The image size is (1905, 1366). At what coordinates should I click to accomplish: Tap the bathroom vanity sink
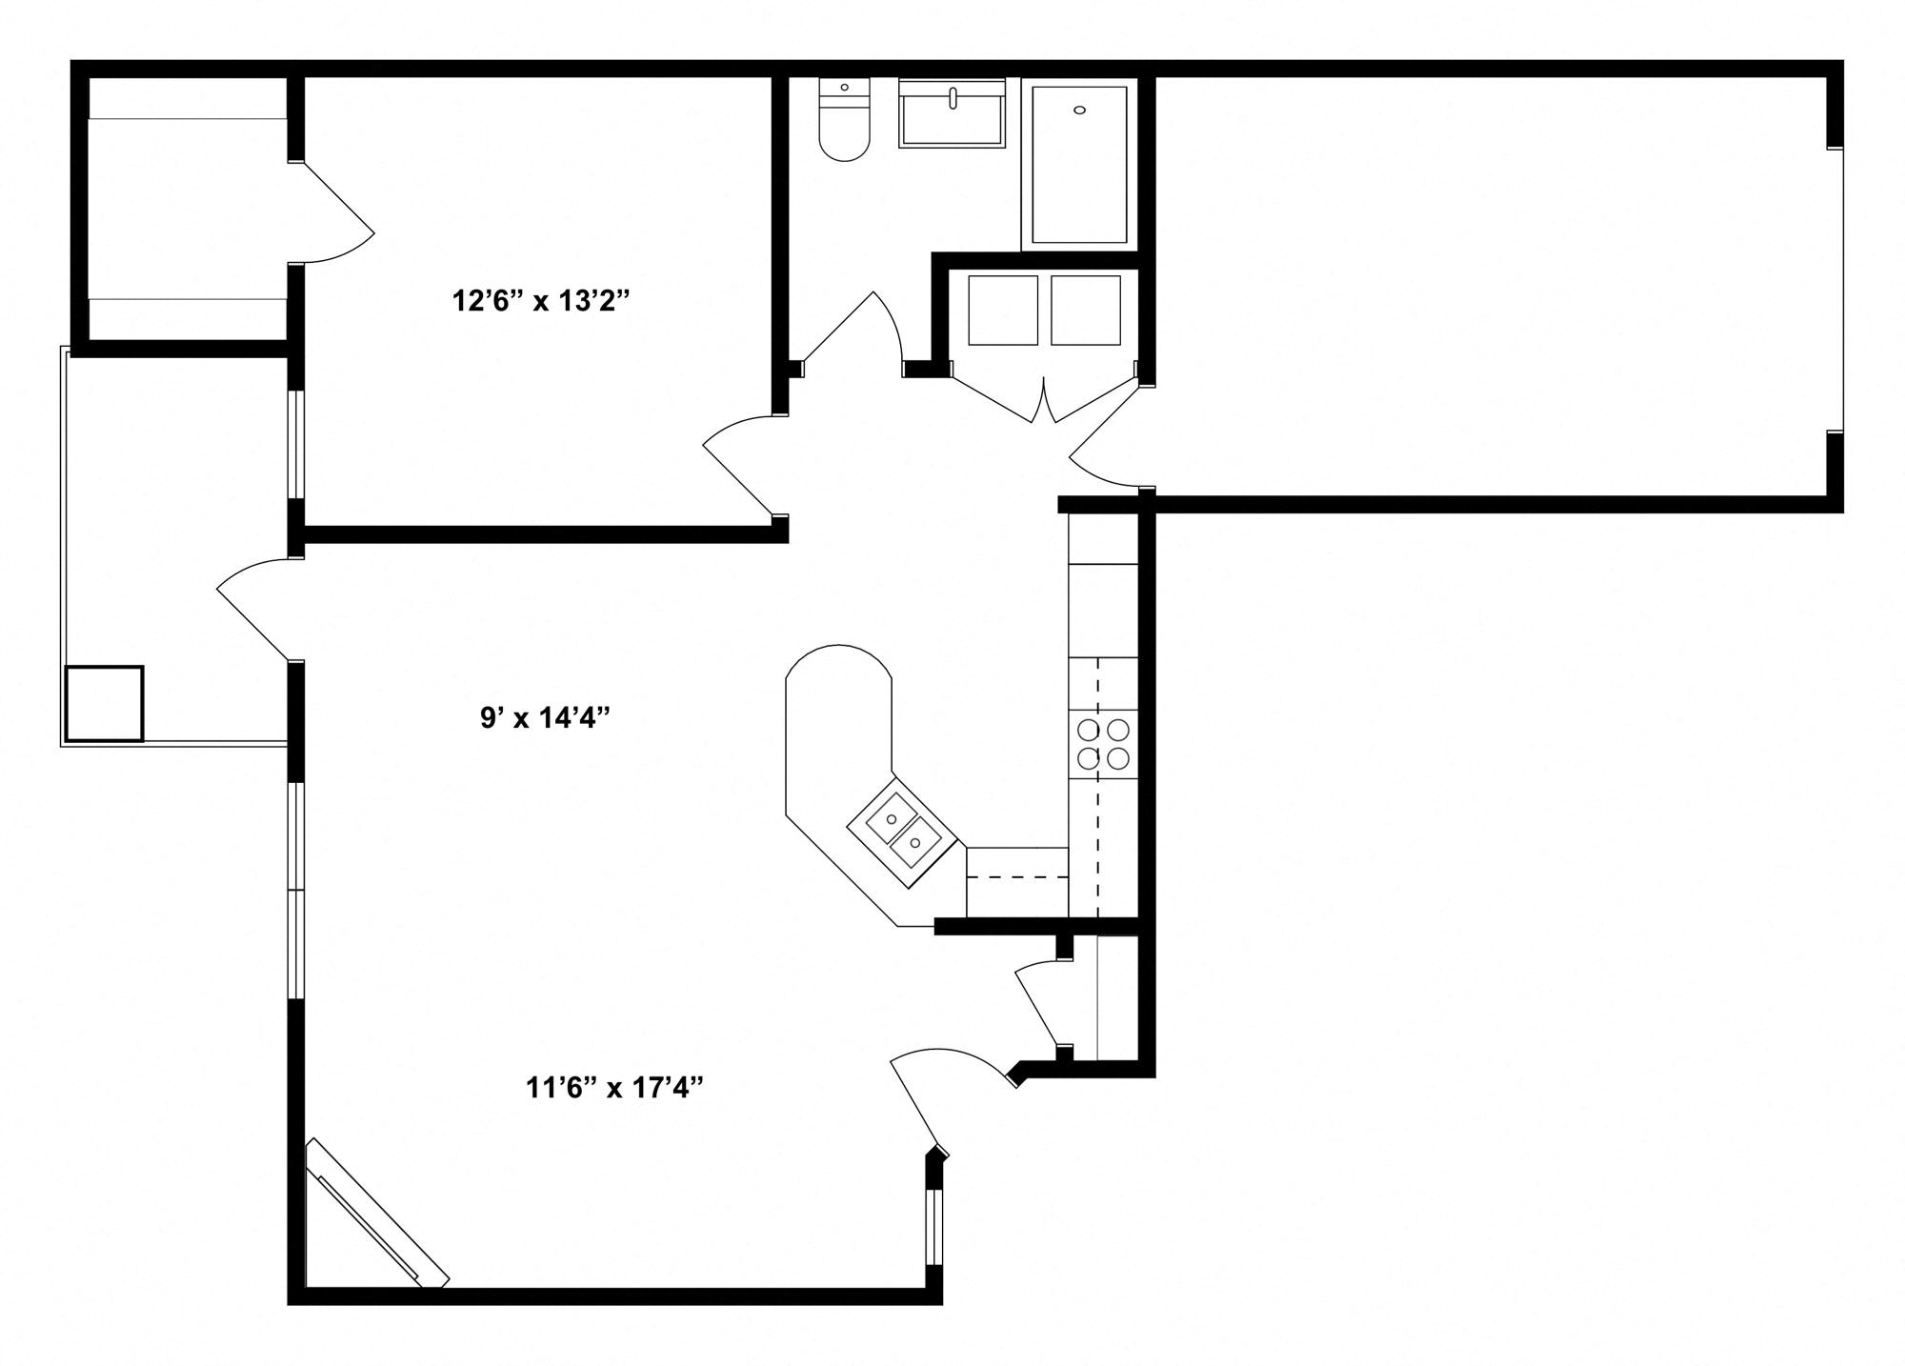(952, 115)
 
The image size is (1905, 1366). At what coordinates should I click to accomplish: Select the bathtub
(1079, 164)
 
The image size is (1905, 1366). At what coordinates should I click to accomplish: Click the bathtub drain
(1079, 110)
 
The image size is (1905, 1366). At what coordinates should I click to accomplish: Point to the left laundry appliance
(1002, 311)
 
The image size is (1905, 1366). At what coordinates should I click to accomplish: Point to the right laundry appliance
(1085, 311)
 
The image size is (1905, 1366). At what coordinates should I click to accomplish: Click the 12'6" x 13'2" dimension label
(541, 302)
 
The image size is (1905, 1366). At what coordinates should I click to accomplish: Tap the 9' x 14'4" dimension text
(544, 717)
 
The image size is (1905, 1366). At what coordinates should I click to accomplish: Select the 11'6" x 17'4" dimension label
(614, 1087)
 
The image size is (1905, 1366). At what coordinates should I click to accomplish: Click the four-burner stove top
(1103, 744)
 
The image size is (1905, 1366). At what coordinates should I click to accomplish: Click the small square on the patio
(104, 704)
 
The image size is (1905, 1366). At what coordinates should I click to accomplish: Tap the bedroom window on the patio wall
(296, 444)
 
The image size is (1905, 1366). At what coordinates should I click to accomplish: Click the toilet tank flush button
(844, 88)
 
